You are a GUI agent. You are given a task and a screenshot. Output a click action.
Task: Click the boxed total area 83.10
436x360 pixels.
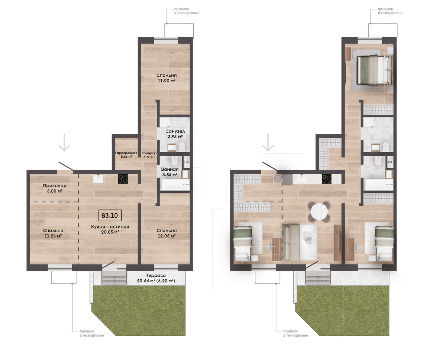point(110,215)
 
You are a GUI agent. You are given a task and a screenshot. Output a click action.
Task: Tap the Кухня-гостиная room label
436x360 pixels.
point(110,227)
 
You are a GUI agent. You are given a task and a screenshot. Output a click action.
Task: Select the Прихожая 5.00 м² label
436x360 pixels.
point(54,188)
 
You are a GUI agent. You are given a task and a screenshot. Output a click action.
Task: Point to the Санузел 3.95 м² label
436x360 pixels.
point(175,134)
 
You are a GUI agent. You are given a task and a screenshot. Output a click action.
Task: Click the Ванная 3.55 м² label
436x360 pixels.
point(170,172)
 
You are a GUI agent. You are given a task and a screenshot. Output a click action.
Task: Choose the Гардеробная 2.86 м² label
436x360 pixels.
point(126,155)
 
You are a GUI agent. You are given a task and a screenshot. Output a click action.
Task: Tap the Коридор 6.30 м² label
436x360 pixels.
point(149,155)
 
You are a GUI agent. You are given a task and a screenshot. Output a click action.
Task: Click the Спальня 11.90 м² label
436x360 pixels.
point(166,78)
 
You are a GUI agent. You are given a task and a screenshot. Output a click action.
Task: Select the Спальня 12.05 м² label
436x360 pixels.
point(166,233)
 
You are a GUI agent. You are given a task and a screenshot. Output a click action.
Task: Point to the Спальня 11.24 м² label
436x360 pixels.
point(53,233)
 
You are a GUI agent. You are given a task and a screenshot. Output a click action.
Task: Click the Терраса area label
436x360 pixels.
point(156,278)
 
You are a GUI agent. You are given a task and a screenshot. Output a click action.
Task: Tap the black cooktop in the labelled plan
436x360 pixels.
point(123,179)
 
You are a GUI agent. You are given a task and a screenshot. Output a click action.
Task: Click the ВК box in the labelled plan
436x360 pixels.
point(186,162)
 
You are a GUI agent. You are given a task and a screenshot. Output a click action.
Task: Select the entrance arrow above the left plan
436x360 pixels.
point(64,142)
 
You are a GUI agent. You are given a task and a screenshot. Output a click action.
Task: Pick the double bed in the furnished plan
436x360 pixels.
point(375,70)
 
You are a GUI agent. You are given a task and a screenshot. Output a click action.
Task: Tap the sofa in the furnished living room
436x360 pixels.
point(291,242)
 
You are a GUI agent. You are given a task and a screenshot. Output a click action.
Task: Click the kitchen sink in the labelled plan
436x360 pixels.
point(98,179)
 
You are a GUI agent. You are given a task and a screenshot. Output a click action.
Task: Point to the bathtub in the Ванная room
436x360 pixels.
point(174,185)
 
